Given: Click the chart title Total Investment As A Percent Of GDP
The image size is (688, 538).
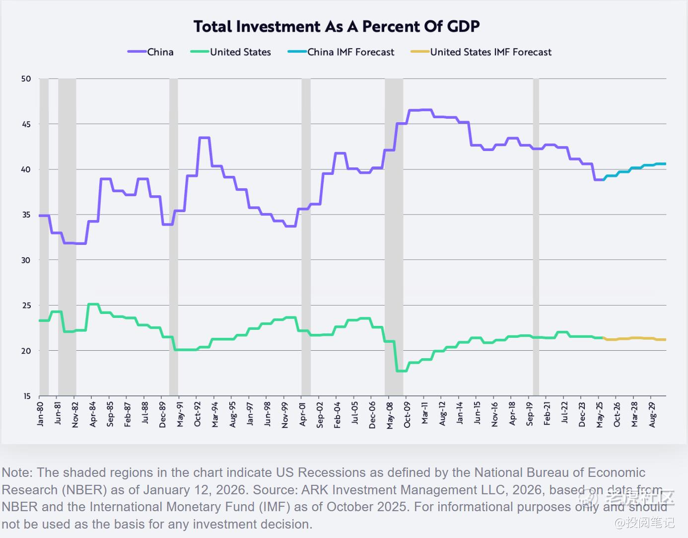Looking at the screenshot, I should [x=337, y=26].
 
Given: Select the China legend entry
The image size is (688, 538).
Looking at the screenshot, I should [x=160, y=52].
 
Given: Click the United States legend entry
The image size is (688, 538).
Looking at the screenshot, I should [x=240, y=52].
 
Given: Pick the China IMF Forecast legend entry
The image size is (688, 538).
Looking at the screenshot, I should [x=350, y=52].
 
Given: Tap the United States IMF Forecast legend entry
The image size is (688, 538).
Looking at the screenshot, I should [x=490, y=52].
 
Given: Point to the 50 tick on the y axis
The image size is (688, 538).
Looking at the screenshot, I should [x=26, y=78].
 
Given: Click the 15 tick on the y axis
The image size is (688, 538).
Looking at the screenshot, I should [x=26, y=396].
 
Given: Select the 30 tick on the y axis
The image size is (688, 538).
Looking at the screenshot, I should [x=26, y=260].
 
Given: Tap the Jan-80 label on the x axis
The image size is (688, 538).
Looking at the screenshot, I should [x=40, y=414].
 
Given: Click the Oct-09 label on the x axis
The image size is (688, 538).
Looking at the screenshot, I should [x=407, y=414].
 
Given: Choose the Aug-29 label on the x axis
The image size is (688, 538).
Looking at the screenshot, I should [x=652, y=414].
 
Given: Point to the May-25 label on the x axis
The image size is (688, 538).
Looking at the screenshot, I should [x=600, y=414].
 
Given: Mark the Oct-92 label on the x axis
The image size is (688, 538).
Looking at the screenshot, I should [x=197, y=414].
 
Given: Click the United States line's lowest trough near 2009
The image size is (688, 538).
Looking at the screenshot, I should [x=402, y=371].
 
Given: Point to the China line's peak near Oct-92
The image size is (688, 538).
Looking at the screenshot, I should [x=204, y=138].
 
